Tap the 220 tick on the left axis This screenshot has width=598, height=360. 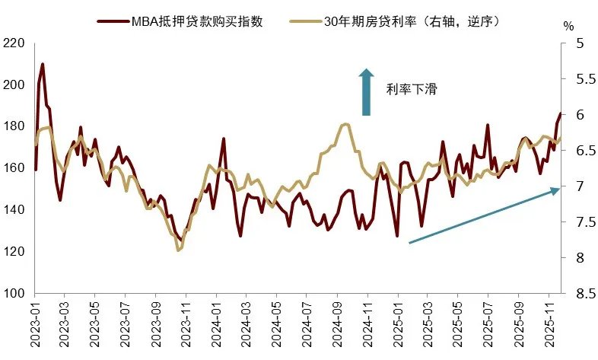click(14, 43)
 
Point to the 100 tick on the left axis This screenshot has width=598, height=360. click(14, 293)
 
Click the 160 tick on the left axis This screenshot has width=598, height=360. click(14, 168)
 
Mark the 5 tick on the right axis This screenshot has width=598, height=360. click(571, 43)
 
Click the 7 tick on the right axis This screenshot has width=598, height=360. click(571, 186)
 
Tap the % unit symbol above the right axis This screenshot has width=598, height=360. click(568, 25)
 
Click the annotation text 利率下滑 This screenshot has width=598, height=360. click(412, 90)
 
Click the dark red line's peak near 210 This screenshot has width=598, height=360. click(42, 64)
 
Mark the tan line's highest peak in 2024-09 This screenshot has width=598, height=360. click(346, 123)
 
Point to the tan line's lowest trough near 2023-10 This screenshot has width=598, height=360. click(179, 250)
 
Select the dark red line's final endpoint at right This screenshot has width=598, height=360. click(560, 113)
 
